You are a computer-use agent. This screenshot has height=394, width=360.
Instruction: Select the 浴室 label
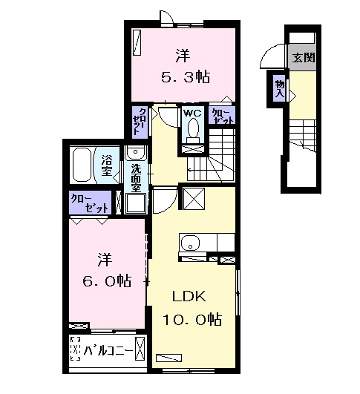point(108,165)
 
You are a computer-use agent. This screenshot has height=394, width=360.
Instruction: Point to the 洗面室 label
point(137,177)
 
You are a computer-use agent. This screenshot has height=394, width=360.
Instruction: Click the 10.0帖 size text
point(192,320)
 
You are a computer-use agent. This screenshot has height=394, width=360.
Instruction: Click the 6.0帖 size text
point(105,281)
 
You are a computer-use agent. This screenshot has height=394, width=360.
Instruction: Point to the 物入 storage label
point(280,88)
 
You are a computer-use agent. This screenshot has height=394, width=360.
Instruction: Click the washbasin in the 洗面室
point(136,153)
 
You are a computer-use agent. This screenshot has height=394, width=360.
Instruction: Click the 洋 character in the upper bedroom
point(182,53)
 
